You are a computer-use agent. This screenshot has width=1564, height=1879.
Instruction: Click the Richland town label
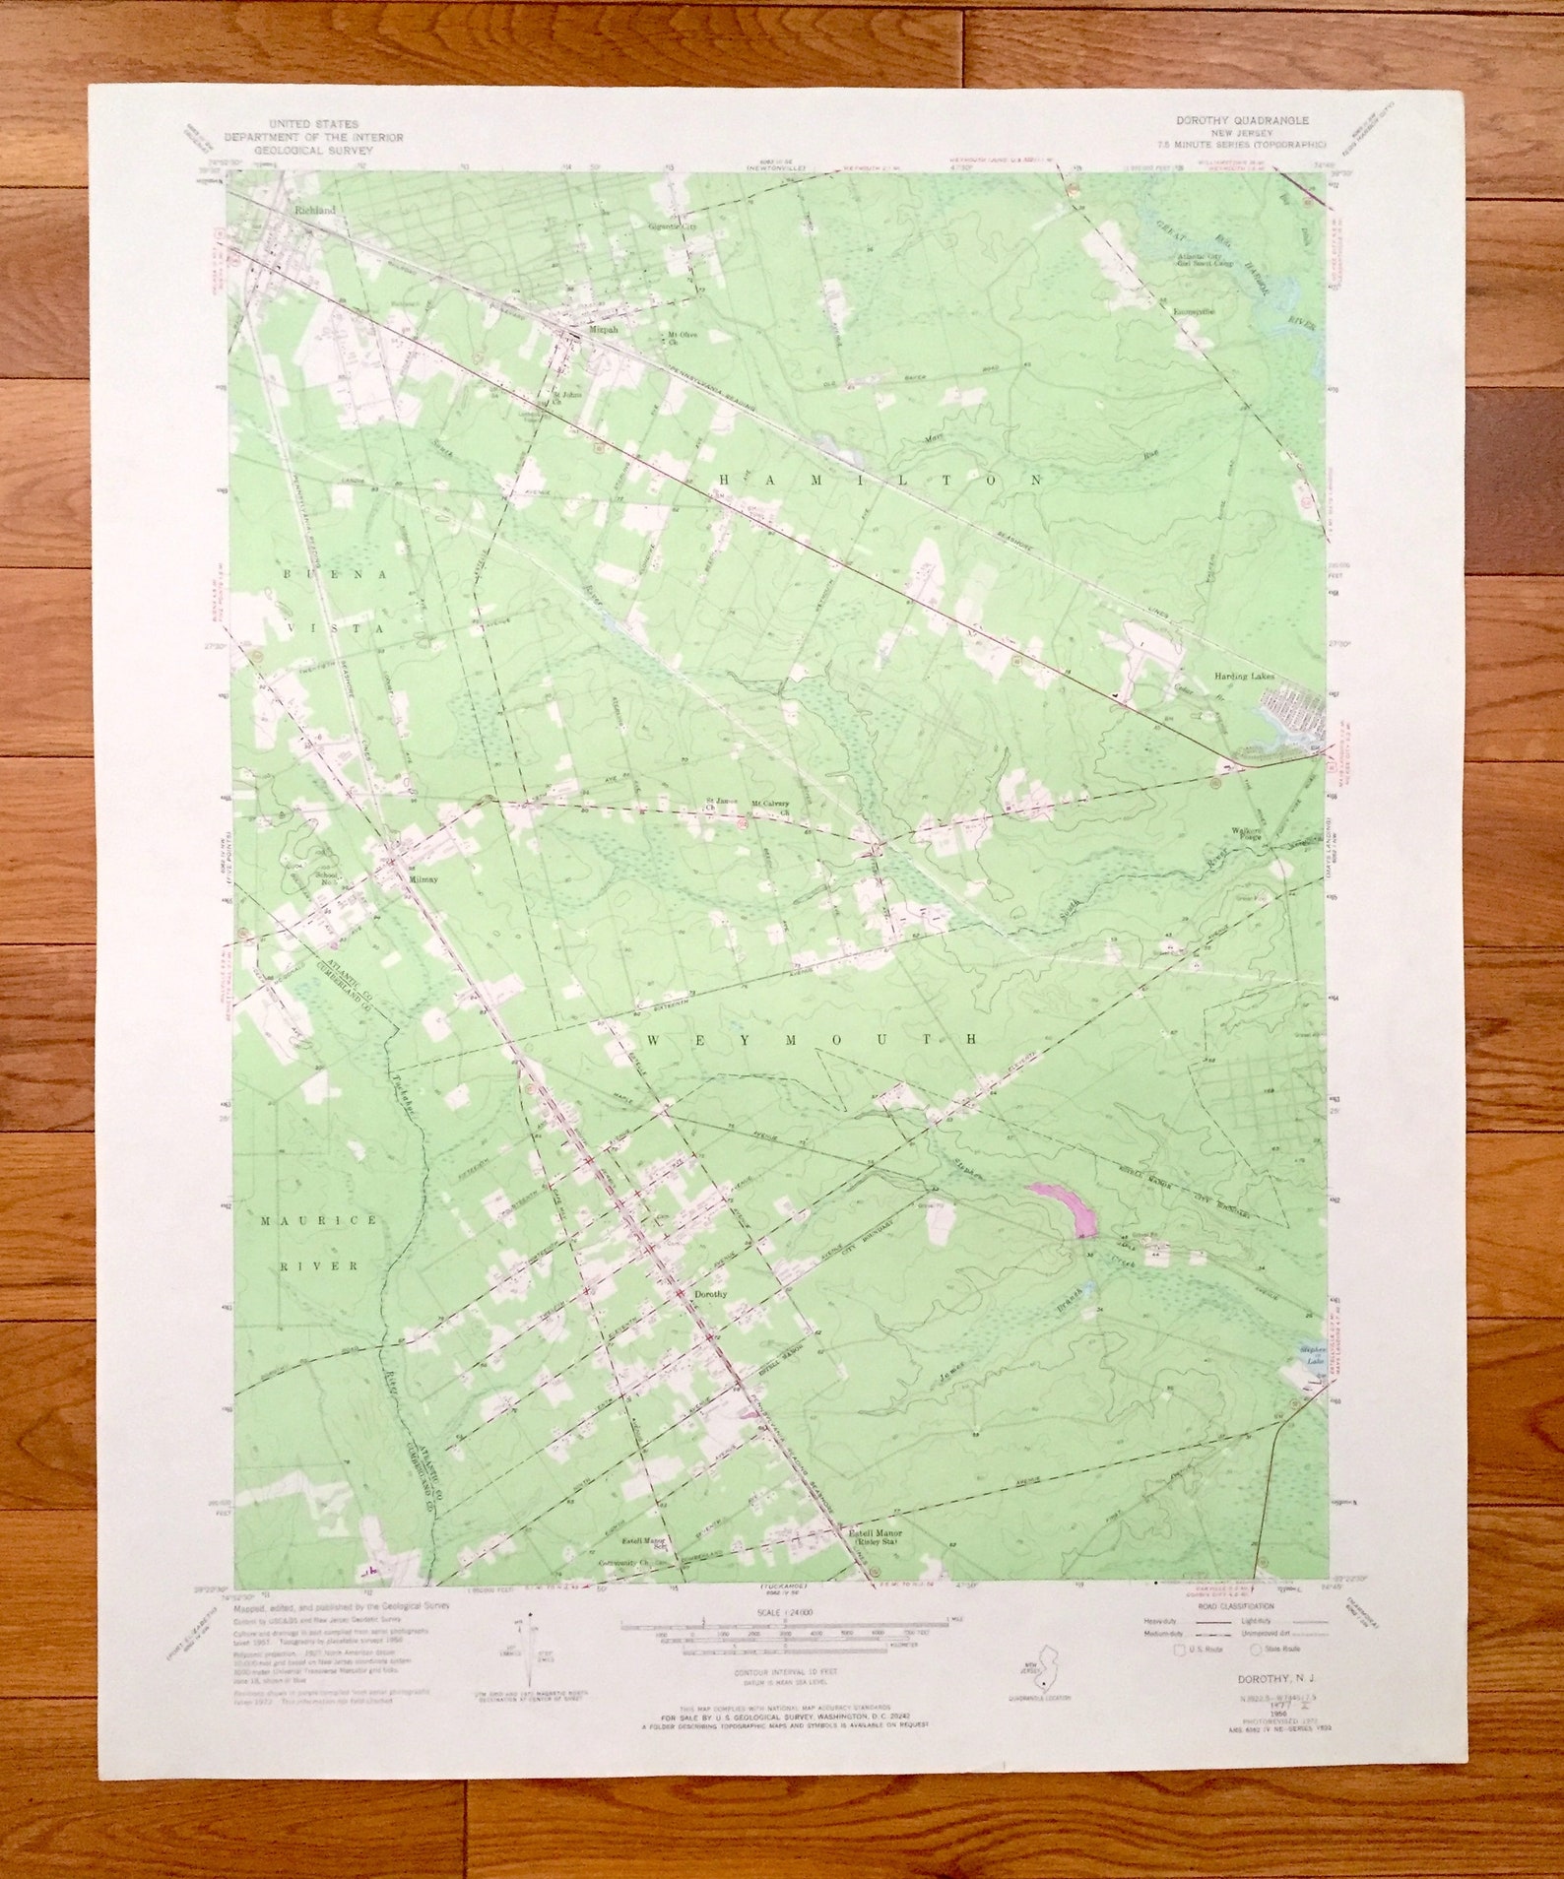tap(314, 211)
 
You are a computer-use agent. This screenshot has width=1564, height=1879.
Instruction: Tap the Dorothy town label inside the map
tap(710, 1294)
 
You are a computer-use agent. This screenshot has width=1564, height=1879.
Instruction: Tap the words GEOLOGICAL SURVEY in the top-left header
tap(313, 152)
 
